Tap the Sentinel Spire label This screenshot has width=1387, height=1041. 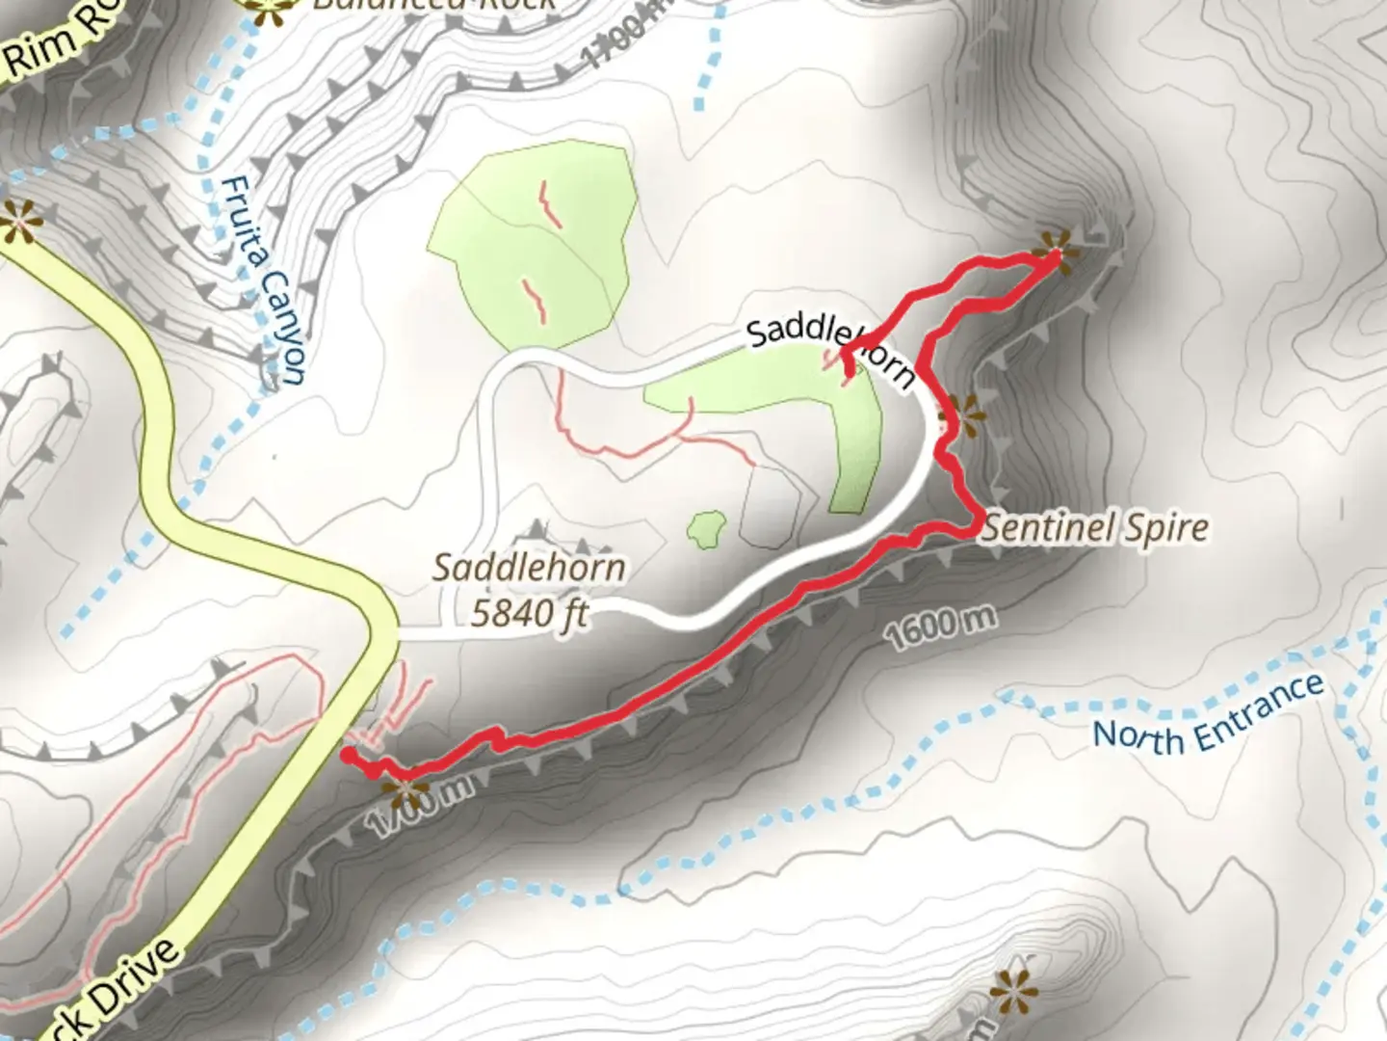(1095, 528)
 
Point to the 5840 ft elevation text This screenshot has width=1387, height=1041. (529, 612)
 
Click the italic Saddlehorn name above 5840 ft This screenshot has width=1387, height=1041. (529, 567)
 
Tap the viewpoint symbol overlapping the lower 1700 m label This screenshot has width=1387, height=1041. (406, 792)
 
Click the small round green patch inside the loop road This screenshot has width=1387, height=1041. (707, 529)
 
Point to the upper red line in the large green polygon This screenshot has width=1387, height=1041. (550, 203)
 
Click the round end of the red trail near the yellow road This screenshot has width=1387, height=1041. (348, 755)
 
